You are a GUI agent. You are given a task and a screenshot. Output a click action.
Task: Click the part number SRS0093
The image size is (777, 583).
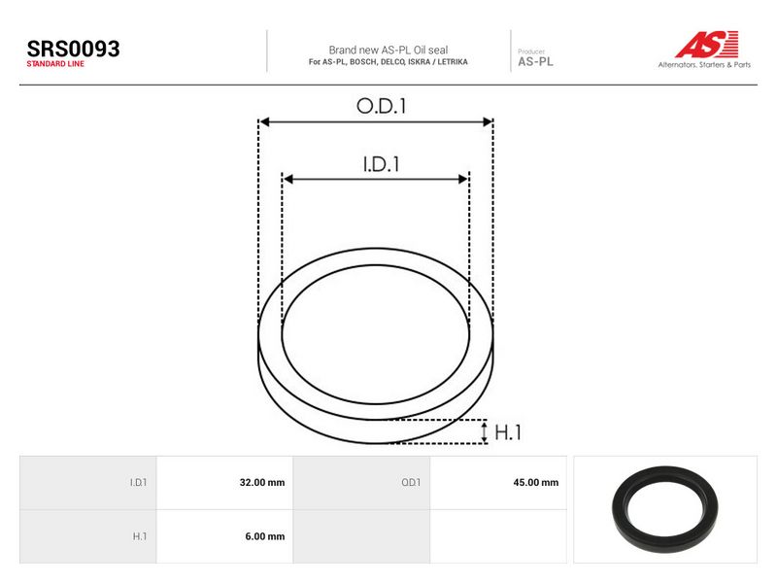pyautogui.click(x=74, y=50)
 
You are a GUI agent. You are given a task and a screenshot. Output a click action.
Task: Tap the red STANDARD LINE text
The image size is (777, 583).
pyautogui.click(x=55, y=64)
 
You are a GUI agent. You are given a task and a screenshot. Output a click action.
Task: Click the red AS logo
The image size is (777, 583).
pyautogui.click(x=707, y=44)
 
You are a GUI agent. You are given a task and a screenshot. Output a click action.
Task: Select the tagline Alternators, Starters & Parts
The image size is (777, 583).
pyautogui.click(x=704, y=64)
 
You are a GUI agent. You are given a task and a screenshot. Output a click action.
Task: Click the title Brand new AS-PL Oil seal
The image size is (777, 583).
pyautogui.click(x=388, y=51)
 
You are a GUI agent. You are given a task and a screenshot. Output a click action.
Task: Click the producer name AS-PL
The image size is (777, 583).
pyautogui.click(x=535, y=62)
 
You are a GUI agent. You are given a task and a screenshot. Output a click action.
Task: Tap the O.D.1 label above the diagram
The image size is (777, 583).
pyautogui.click(x=381, y=106)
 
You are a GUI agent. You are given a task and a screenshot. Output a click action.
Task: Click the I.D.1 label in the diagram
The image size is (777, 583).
pyautogui.click(x=381, y=164)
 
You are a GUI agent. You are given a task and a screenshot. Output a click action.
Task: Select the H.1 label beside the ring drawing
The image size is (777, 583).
pyautogui.click(x=508, y=432)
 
